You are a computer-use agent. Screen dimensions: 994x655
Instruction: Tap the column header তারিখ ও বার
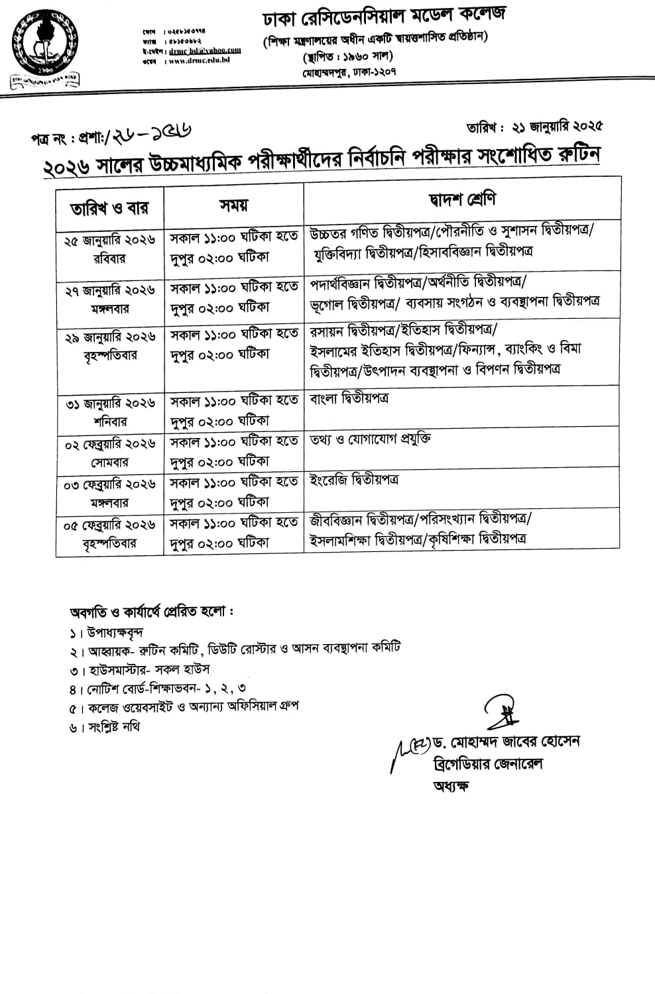(109, 207)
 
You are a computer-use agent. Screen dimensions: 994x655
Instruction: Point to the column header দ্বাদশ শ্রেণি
(461, 199)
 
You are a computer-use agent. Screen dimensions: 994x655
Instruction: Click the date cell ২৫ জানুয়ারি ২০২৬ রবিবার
(109, 250)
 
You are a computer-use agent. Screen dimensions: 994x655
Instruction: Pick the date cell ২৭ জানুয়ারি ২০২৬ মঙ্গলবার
(109, 299)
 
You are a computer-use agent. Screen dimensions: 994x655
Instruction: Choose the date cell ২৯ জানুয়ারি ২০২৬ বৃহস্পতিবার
(109, 346)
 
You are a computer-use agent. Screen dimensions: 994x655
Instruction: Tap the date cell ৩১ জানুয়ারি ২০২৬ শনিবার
(109, 412)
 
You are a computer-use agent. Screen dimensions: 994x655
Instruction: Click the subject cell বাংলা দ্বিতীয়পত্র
(349, 399)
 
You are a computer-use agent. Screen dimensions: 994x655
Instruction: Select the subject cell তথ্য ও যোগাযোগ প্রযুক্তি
(371, 439)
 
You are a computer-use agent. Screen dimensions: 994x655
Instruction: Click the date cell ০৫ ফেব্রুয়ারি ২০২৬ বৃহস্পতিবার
(109, 533)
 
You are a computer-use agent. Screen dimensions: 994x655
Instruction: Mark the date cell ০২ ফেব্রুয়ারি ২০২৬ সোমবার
(109, 453)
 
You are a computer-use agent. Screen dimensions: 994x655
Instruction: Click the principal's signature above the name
(501, 712)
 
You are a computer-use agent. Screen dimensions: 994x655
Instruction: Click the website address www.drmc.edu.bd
(199, 60)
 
